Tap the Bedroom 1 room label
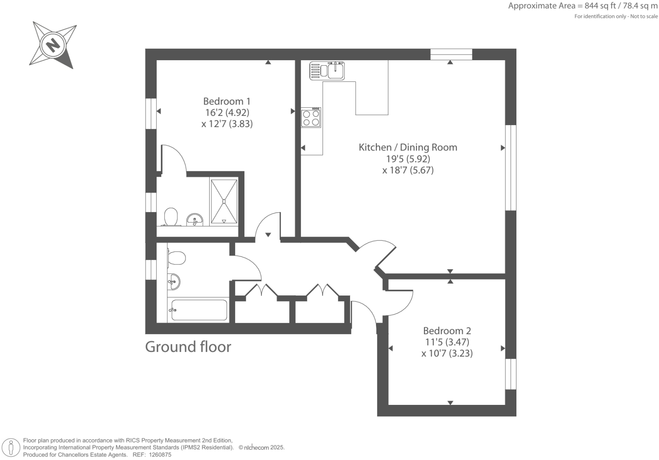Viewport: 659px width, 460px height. click(227, 101)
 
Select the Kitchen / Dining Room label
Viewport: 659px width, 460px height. click(408, 148)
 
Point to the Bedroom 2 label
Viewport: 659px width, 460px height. click(447, 331)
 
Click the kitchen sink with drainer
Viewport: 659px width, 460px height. click(327, 70)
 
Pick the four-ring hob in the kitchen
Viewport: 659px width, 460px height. click(311, 118)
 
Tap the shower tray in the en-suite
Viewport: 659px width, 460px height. click(224, 201)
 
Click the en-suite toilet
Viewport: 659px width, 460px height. click(171, 217)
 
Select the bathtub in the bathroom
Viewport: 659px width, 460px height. click(199, 310)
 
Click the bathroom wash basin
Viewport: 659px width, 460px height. click(174, 281)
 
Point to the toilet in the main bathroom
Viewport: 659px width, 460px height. click(176, 258)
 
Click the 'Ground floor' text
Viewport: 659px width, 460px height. click(188, 347)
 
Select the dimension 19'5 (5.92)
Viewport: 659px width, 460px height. click(408, 159)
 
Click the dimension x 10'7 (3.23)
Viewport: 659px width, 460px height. click(447, 353)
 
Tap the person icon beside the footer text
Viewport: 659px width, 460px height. click(11, 448)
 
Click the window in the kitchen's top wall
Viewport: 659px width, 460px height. click(451, 54)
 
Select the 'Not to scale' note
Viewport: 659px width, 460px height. click(643, 17)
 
